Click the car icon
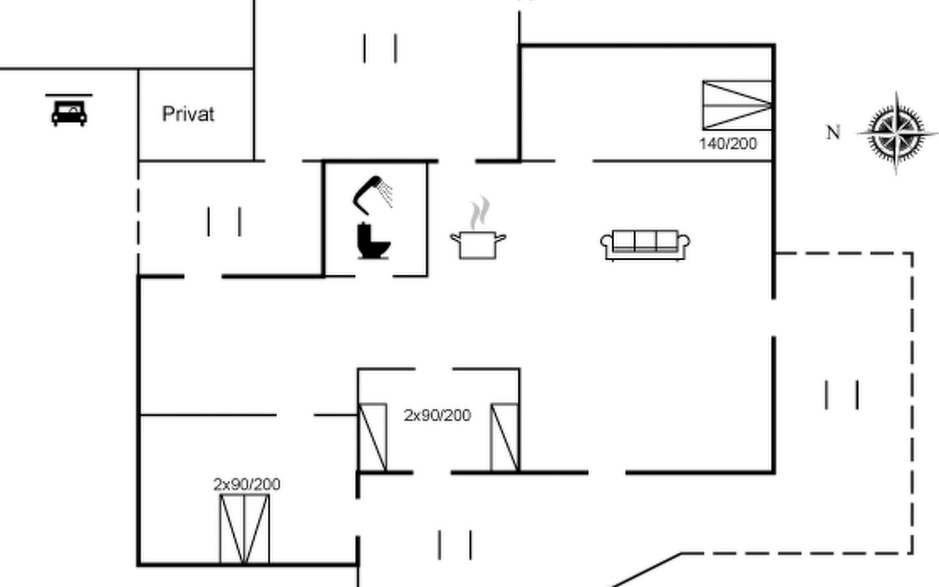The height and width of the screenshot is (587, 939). [x=69, y=113]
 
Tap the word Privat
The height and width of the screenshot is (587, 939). [x=188, y=114]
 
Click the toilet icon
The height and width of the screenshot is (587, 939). [x=373, y=241]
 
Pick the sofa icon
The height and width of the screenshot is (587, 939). [x=645, y=245]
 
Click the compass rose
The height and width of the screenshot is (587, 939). [x=896, y=133]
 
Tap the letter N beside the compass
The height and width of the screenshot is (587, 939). [x=833, y=133]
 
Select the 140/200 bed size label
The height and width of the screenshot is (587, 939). [x=728, y=144]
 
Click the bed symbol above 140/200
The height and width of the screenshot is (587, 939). [x=737, y=105]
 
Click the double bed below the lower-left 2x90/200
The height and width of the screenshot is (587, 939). [x=244, y=529]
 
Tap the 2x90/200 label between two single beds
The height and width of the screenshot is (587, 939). [x=437, y=415]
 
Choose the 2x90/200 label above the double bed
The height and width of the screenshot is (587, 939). [x=247, y=484]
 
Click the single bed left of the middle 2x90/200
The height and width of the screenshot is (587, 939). [x=373, y=437]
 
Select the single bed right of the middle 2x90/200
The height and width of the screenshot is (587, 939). [x=505, y=437]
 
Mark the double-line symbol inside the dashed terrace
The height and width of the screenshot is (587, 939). [x=842, y=395]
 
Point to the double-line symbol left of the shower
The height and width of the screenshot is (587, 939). [x=224, y=222]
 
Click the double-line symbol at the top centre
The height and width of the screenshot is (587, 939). [x=380, y=48]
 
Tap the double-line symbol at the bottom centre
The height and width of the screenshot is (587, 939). [x=455, y=544]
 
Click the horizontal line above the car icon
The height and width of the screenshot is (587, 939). [x=69, y=95]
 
